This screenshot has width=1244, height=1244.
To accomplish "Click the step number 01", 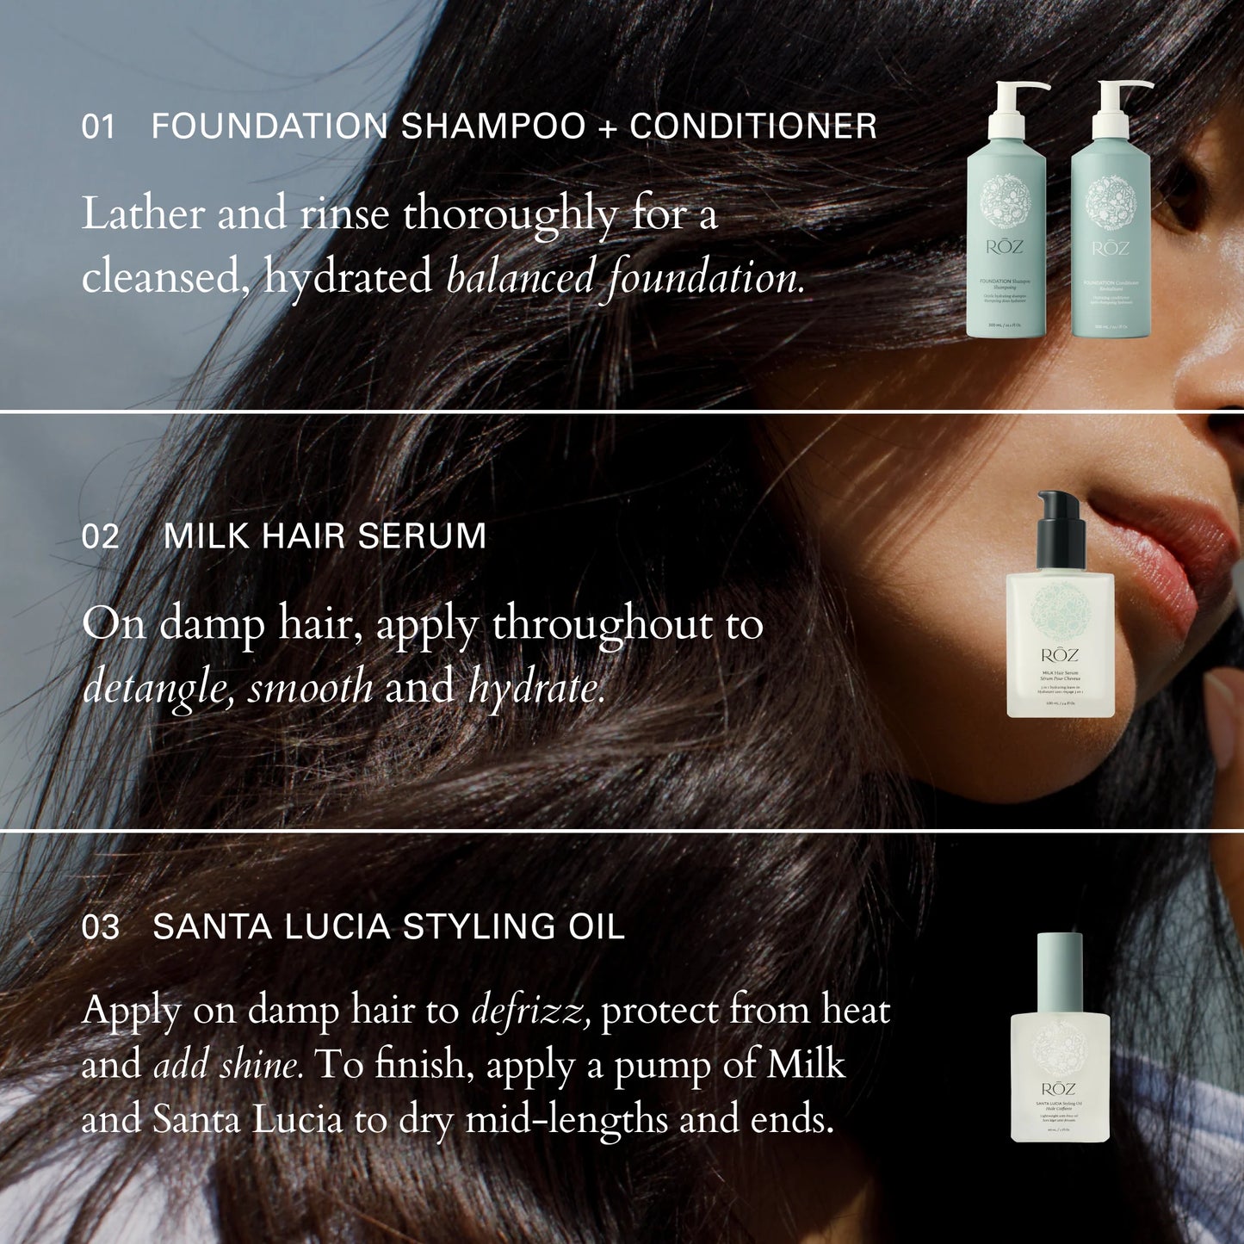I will click(98, 127).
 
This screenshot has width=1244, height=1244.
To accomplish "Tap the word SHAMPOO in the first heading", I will click(493, 127).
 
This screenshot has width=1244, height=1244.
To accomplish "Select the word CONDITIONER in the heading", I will click(753, 127).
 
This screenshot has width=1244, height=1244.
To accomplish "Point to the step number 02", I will click(100, 536).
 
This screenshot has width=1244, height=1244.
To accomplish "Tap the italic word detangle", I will click(157, 688).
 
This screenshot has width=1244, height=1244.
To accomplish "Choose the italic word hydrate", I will click(536, 688).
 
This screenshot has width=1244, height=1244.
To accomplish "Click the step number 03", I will click(100, 927).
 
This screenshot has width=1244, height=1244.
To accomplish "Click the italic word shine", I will click(260, 1065).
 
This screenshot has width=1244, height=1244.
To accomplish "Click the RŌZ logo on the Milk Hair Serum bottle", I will click(1060, 655).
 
